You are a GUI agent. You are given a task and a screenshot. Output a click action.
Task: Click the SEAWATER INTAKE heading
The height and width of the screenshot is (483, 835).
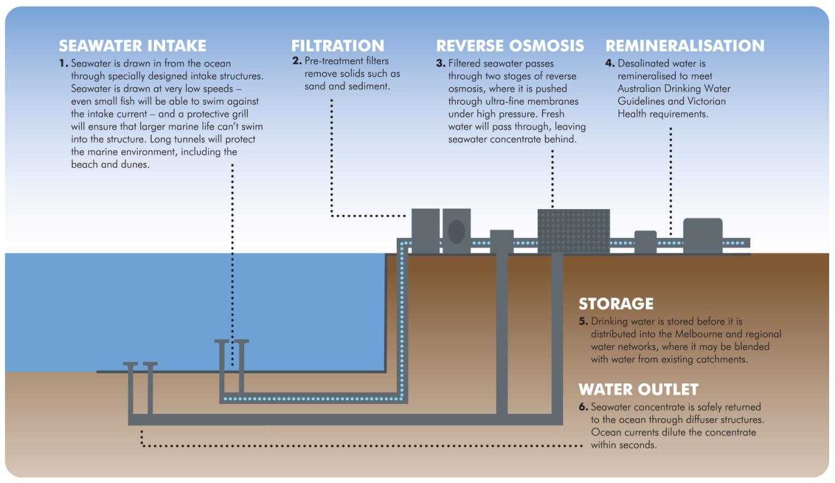pyautogui.click(x=132, y=45)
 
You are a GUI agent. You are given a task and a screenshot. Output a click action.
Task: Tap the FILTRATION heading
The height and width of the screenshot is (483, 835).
pyautogui.click(x=337, y=45)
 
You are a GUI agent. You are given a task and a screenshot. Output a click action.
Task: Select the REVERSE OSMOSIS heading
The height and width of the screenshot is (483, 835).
pyautogui.click(x=509, y=45)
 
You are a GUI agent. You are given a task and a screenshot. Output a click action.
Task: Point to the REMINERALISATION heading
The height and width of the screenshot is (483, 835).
pyautogui.click(x=685, y=45)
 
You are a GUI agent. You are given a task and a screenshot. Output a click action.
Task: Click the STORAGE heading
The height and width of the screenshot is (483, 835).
pyautogui.click(x=616, y=303)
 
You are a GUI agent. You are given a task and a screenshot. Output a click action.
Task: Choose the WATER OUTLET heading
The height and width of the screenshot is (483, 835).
pyautogui.click(x=638, y=389)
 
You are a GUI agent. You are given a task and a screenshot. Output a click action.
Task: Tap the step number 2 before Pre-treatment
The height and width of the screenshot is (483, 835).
pyautogui.click(x=297, y=61)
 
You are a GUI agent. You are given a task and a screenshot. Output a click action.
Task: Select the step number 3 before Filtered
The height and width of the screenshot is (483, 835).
pyautogui.click(x=440, y=64)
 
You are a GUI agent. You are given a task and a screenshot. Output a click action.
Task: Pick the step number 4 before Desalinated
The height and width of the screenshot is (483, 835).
pyautogui.click(x=610, y=64)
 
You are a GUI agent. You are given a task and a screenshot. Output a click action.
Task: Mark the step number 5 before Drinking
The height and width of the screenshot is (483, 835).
pyautogui.click(x=583, y=322)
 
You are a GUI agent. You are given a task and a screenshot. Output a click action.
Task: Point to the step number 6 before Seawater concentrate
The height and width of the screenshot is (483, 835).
pyautogui.click(x=583, y=407)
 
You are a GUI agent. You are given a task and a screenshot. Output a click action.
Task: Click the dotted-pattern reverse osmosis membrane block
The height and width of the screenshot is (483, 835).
pyautogui.click(x=573, y=230)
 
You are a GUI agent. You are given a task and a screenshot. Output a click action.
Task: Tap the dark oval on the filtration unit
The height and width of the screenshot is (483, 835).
pyautogui.click(x=456, y=231)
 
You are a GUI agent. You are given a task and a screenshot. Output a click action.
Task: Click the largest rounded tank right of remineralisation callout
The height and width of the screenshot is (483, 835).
pyautogui.click(x=702, y=235)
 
